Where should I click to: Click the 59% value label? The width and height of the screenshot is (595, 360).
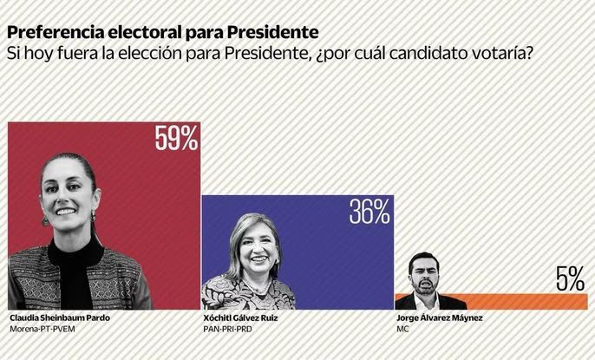[x=177, y=139]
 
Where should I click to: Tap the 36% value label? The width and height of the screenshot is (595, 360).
[x=369, y=212]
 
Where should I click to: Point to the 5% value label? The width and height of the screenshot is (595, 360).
[x=570, y=279]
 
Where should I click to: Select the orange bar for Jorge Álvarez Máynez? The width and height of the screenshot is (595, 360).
[x=520, y=302]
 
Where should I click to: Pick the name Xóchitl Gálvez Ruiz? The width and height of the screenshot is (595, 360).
[x=240, y=318]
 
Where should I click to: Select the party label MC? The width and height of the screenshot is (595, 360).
[x=401, y=331]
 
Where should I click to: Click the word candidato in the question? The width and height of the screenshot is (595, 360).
[x=428, y=55]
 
